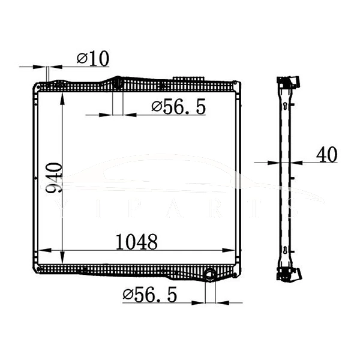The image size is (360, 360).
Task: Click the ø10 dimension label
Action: click(x=92, y=59)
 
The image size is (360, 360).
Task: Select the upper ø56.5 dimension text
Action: click(x=179, y=107)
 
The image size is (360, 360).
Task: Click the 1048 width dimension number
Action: click(x=137, y=242)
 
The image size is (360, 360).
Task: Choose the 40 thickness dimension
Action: click(x=326, y=155)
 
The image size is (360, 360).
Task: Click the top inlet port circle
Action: click(x=118, y=82)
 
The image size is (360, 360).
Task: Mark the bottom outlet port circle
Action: click(x=209, y=275)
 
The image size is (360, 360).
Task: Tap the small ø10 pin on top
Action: click(x=46, y=75)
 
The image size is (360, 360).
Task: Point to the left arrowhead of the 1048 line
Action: click(x=43, y=251)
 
